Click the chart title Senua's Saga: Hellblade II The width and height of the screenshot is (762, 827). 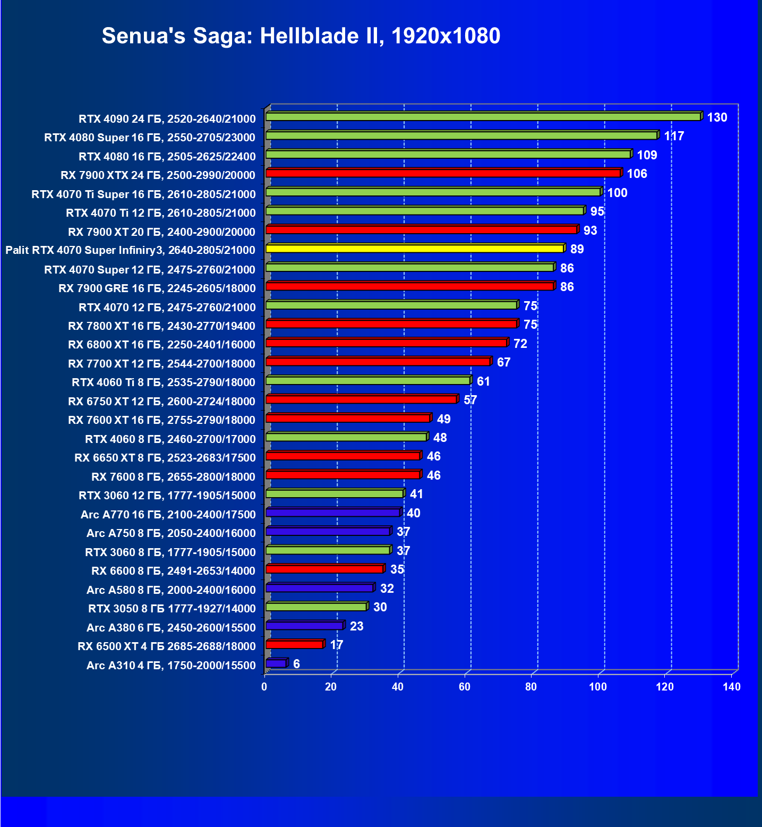pyautogui.click(x=301, y=36)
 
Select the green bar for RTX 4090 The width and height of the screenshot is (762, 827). pyautogui.click(x=483, y=116)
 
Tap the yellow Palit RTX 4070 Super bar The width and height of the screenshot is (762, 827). pyautogui.click(x=414, y=248)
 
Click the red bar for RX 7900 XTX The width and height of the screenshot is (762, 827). pyautogui.click(x=443, y=173)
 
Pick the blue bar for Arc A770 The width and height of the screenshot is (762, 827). pyautogui.click(x=333, y=513)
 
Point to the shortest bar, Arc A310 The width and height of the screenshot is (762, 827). pyautogui.click(x=276, y=663)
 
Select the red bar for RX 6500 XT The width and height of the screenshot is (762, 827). pyautogui.click(x=295, y=645)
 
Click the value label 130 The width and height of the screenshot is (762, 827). pyautogui.click(x=717, y=117)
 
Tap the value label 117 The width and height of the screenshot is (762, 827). pyautogui.click(x=674, y=136)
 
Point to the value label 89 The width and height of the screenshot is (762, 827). pyautogui.click(x=577, y=249)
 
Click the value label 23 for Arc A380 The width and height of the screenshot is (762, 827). pyautogui.click(x=356, y=626)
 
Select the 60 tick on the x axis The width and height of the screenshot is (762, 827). pyautogui.click(x=465, y=687)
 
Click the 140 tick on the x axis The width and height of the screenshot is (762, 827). pyautogui.click(x=732, y=687)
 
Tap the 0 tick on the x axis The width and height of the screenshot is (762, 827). pyautogui.click(x=264, y=687)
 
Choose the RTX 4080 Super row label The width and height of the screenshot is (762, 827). pyautogui.click(x=150, y=138)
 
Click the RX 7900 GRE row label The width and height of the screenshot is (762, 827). pyautogui.click(x=157, y=288)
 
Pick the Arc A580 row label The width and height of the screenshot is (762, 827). pyautogui.click(x=171, y=590)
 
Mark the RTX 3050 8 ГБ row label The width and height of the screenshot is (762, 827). pyautogui.click(x=172, y=609)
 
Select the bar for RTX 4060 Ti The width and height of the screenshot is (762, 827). pyautogui.click(x=368, y=380)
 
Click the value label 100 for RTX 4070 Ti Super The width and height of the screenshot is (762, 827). pyautogui.click(x=617, y=193)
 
